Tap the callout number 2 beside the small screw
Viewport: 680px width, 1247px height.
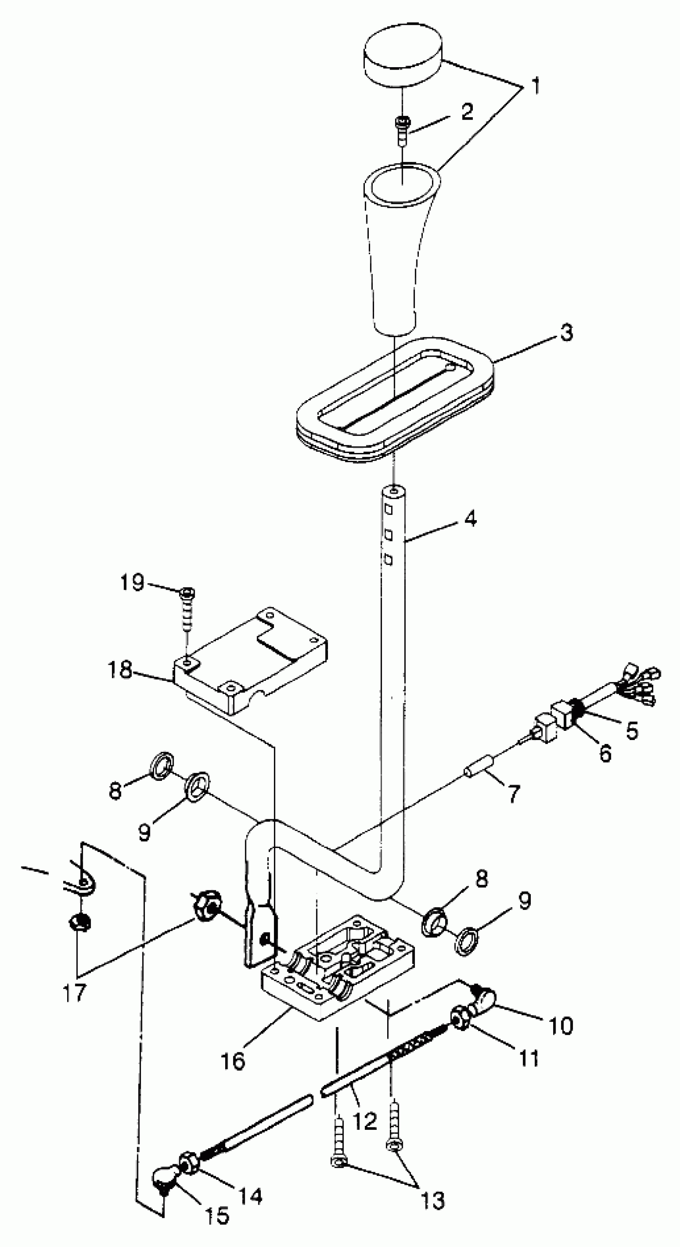point(466,112)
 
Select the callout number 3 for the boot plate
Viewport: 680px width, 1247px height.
point(566,333)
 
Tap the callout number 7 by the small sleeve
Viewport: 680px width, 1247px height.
point(513,793)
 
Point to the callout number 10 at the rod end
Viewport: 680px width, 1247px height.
point(561,1025)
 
